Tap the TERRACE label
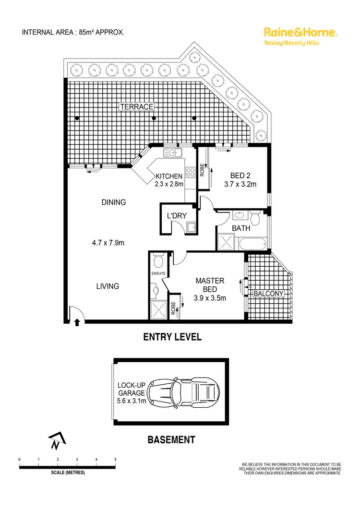(136, 107)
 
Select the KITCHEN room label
(168, 176)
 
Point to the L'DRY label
(176, 216)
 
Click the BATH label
(240, 229)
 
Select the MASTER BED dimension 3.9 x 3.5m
(210, 298)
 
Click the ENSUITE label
(158, 273)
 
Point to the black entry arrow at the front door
(78, 323)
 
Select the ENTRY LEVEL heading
(172, 337)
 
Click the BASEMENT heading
(171, 439)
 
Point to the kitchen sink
(172, 153)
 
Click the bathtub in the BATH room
(252, 244)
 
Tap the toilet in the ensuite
(158, 261)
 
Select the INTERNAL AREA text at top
(73, 33)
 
